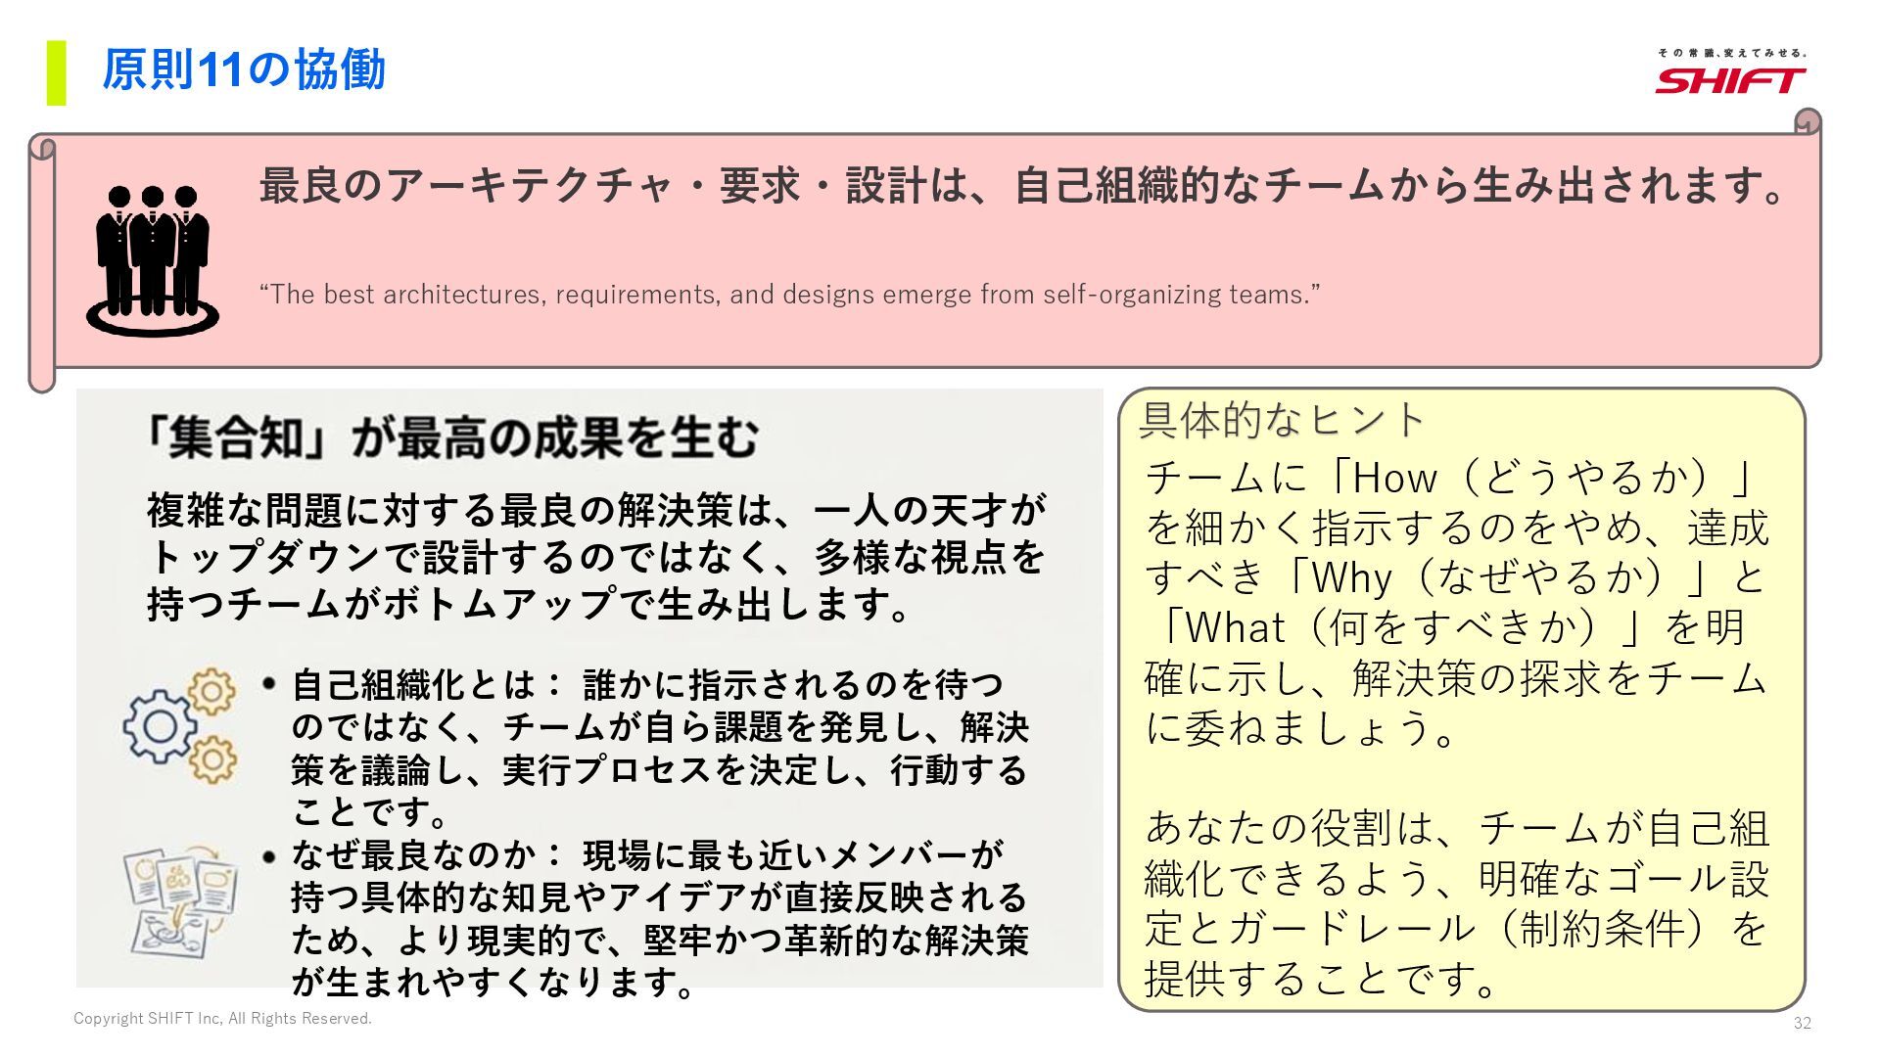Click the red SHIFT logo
pos(1730,79)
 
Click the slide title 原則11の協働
pos(244,70)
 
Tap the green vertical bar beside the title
pos(57,72)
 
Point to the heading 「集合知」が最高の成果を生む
pos(449,437)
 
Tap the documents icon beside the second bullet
pos(181,901)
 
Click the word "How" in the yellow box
pos(1394,478)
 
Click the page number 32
pos(1802,1024)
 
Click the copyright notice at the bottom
pos(223,1019)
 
